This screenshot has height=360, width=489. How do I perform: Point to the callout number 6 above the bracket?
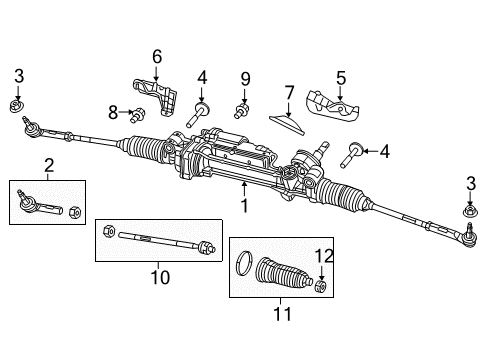tap(156, 56)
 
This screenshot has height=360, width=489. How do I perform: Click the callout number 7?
tap(289, 92)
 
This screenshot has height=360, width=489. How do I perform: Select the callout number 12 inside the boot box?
tap(320, 256)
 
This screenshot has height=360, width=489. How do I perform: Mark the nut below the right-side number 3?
tap(469, 238)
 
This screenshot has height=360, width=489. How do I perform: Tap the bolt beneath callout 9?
tap(241, 106)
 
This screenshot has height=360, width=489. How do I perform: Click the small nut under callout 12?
tap(321, 287)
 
